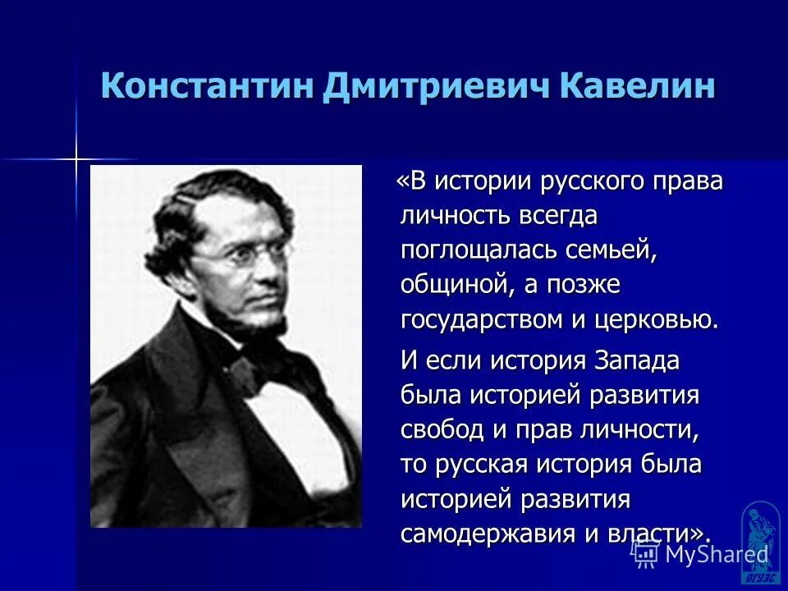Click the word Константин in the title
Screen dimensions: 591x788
pos(206,86)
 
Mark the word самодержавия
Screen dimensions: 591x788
pos(479,534)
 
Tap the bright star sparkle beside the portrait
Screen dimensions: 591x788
pos(76,157)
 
